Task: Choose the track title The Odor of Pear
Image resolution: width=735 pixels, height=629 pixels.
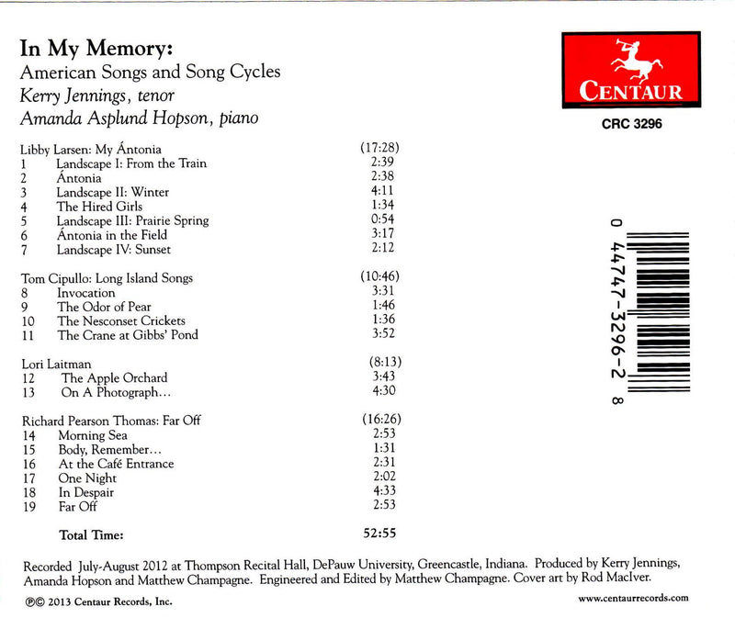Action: tap(104, 307)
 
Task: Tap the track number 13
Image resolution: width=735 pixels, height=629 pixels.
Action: tap(27, 392)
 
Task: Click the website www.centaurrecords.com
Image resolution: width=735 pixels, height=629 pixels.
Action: tap(633, 598)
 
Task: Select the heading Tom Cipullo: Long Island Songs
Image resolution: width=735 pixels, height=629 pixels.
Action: tap(107, 277)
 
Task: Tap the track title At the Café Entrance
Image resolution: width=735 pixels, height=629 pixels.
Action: tap(115, 464)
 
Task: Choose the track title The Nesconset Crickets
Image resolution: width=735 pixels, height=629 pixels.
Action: tap(120, 320)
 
